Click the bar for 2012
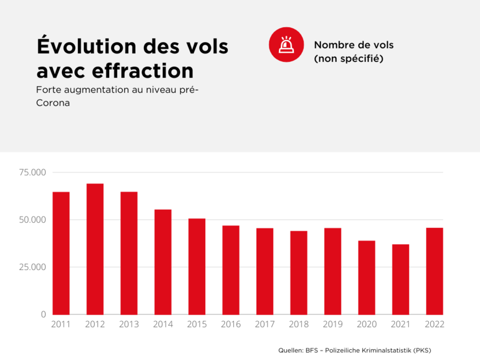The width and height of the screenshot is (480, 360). click(95, 249)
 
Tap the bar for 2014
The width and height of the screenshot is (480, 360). click(163, 262)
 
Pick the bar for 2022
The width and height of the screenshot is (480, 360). click(434, 271)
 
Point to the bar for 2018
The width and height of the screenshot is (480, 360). click(299, 272)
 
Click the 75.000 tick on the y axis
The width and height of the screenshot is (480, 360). click(32, 173)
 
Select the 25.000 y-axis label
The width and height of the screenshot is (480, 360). click(32, 267)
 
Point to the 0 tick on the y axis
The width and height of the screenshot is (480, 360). click(43, 314)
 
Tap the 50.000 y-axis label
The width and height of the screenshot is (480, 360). click(32, 220)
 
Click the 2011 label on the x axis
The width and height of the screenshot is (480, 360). click(61, 325)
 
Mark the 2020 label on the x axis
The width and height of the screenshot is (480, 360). click(367, 325)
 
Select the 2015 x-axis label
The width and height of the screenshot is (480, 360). click(197, 325)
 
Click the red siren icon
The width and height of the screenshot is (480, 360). click(286, 44)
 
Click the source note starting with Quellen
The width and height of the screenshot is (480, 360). click(355, 350)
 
